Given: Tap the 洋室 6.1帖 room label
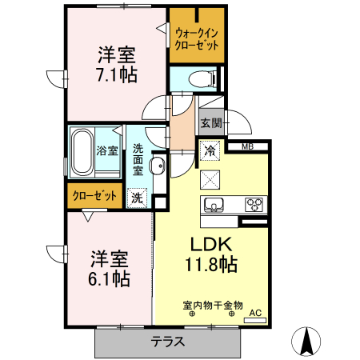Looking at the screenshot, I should pos(109,269).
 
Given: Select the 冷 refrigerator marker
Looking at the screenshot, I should pos(210,150).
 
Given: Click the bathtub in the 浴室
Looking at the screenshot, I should pos(83,151).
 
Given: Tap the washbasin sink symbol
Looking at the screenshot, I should pos(157,167).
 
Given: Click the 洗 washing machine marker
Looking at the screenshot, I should pos(137,197).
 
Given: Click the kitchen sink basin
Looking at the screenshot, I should pos(214,202).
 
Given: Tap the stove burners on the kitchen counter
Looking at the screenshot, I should pos(254,202).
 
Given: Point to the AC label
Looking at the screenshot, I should pos(255,313).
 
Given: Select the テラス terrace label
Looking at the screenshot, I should pos(168,342).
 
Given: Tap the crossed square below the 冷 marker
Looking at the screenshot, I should pos(210,177).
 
